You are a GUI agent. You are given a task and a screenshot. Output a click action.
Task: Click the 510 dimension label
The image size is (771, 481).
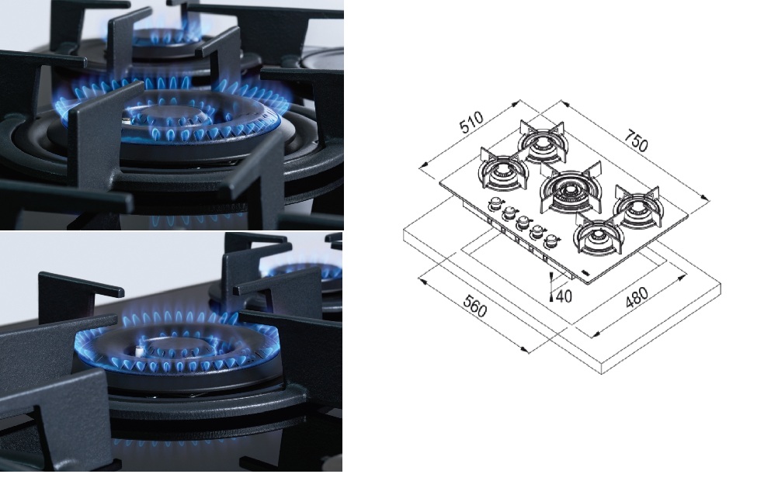pyautogui.click(x=471, y=123)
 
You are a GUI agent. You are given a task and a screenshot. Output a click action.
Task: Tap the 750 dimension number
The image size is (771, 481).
pyautogui.click(x=636, y=140)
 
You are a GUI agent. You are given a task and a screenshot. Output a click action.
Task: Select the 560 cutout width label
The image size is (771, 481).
pyautogui.click(x=474, y=307)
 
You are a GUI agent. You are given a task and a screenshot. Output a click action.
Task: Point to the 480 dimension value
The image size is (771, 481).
pyautogui.click(x=637, y=297)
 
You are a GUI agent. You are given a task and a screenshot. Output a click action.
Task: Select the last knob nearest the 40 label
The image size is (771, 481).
pyautogui.click(x=552, y=240)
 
